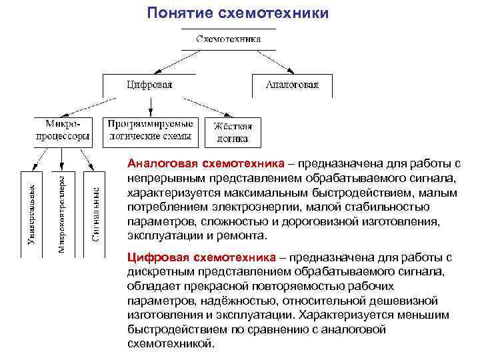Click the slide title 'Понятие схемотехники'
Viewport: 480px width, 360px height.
point(239,13)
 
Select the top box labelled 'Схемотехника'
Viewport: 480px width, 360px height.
point(229,39)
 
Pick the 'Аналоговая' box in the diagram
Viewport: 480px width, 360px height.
point(292,85)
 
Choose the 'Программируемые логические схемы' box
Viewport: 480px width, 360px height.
point(151,130)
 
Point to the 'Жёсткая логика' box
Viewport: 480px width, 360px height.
point(233,132)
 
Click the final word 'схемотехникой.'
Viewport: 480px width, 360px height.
point(171,344)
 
